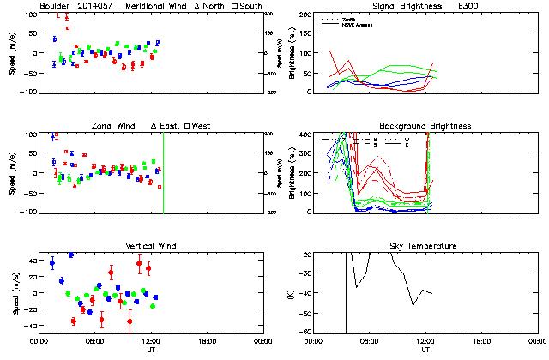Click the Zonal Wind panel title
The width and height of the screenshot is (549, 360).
coord(115,126)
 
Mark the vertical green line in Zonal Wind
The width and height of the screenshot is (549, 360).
coord(163,171)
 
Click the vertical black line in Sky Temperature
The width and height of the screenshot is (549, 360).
coord(346,291)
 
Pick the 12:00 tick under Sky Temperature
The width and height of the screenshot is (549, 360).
coord(425,340)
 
